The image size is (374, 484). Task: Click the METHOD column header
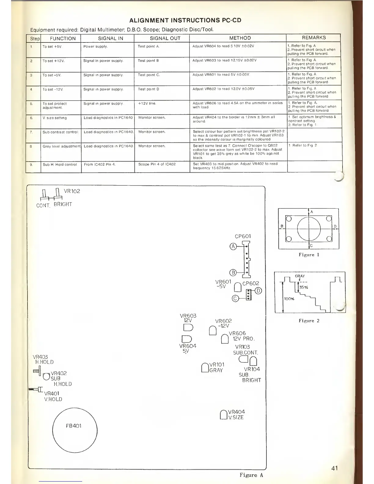(x=240, y=38)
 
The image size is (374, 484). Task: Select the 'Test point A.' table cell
(x=148, y=46)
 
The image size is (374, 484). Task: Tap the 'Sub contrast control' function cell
(x=60, y=132)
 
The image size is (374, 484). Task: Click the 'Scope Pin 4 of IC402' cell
(x=157, y=164)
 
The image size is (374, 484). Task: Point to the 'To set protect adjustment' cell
(x=54, y=105)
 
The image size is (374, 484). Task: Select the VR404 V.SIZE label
(x=236, y=414)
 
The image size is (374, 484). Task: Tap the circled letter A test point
(x=233, y=246)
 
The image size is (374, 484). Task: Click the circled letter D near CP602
(x=258, y=291)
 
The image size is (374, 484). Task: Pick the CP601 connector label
(x=243, y=236)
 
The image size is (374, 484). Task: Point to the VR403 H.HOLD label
(x=43, y=359)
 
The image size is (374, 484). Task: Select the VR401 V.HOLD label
(x=53, y=396)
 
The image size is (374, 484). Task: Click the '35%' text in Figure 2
(x=303, y=287)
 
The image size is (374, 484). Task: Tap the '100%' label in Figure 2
(x=289, y=299)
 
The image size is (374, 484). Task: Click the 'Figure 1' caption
(x=309, y=255)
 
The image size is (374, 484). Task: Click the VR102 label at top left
(x=72, y=191)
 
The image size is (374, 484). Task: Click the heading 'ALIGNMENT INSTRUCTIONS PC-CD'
(x=185, y=20)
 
